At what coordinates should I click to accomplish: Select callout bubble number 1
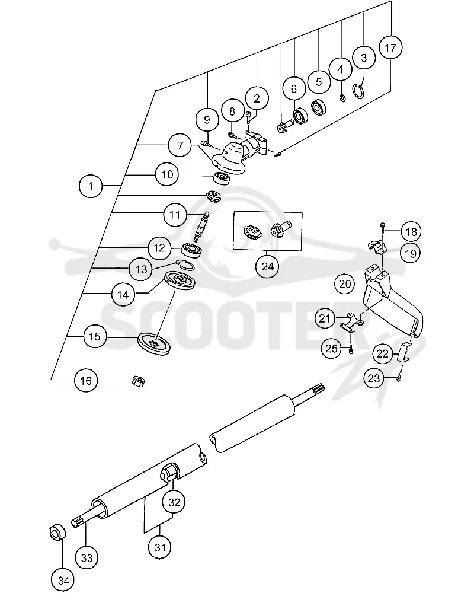tap(91, 186)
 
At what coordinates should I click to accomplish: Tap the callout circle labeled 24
tap(267, 267)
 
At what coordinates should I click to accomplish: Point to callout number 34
tap(63, 580)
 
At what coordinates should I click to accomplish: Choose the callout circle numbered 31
tap(160, 547)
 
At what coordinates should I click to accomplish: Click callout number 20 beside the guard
tap(345, 283)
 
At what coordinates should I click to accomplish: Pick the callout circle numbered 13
tap(141, 269)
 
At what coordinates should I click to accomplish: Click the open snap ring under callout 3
tap(359, 92)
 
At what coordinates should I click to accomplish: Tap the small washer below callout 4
tap(342, 98)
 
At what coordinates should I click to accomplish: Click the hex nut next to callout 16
tap(139, 381)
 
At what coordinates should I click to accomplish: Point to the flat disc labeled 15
tap(154, 344)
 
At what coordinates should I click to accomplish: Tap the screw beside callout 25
tap(351, 349)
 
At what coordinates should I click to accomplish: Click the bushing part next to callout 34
tap(57, 533)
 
